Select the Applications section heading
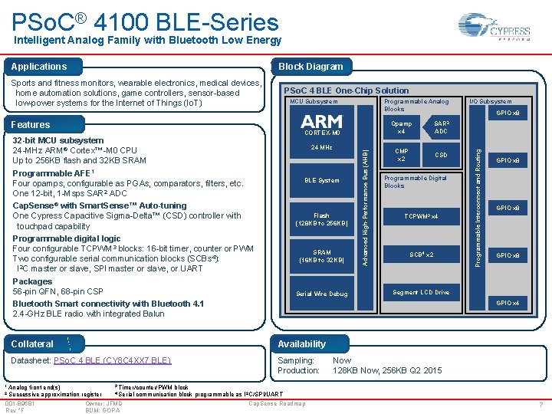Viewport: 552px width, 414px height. pyautogui.click(x=39, y=67)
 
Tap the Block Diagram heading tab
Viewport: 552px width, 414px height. pyautogui.click(x=311, y=67)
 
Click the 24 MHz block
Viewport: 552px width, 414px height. pyautogui.click(x=321, y=147)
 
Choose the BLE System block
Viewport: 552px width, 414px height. pyautogui.click(x=321, y=180)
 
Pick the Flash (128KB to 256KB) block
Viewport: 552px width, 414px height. pyautogui.click(x=321, y=219)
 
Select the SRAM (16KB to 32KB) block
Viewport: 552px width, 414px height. pyautogui.click(x=321, y=256)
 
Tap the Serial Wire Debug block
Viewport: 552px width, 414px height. pyautogui.click(x=321, y=294)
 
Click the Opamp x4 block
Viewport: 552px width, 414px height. pyautogui.click(x=401, y=127)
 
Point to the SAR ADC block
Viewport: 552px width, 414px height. pyautogui.click(x=440, y=127)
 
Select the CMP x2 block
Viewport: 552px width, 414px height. pyautogui.click(x=401, y=155)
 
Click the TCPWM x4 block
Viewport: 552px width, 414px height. pyautogui.click(x=421, y=217)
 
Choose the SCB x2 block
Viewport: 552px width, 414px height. pyautogui.click(x=421, y=255)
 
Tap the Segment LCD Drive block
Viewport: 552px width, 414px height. pyautogui.click(x=421, y=292)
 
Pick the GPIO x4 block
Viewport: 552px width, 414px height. pyautogui.click(x=508, y=303)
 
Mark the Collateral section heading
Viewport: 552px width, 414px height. pyautogui.click(x=32, y=344)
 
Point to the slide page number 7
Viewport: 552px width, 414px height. pyautogui.click(x=541, y=404)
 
